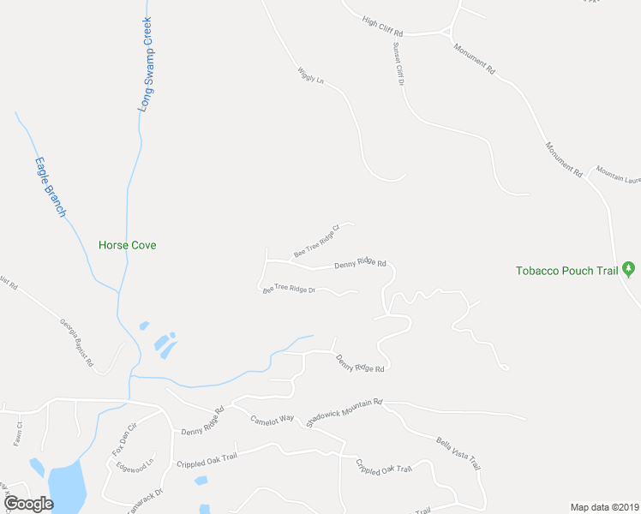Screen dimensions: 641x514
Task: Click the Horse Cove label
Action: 127,245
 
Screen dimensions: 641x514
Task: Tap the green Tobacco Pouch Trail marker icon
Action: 630,271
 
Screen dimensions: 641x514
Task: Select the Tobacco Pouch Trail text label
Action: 566,272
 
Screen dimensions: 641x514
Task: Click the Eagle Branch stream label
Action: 50,186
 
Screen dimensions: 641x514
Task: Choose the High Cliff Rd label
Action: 382,26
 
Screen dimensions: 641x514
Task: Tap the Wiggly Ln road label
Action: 310,75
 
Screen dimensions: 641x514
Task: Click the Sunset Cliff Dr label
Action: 398,64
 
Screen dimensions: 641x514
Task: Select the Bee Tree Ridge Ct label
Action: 317,241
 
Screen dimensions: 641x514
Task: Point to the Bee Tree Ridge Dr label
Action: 289,290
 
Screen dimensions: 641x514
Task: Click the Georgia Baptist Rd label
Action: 76,344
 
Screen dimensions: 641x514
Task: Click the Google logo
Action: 28,503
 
